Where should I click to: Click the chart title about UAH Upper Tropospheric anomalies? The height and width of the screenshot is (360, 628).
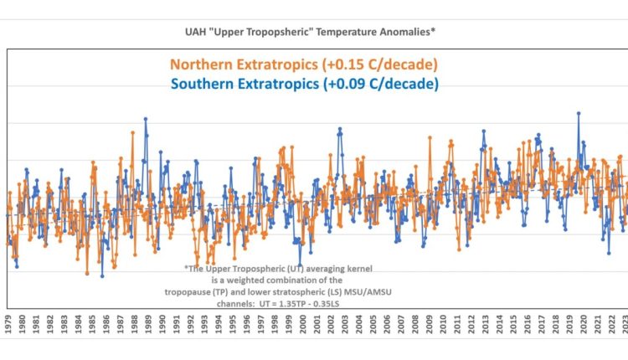pyautogui.click(x=314, y=31)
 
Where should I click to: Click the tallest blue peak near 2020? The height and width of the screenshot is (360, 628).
pyautogui.click(x=578, y=113)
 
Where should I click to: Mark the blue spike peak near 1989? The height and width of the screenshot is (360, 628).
pyautogui.click(x=145, y=119)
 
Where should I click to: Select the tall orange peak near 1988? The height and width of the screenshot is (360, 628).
pyautogui.click(x=132, y=131)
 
